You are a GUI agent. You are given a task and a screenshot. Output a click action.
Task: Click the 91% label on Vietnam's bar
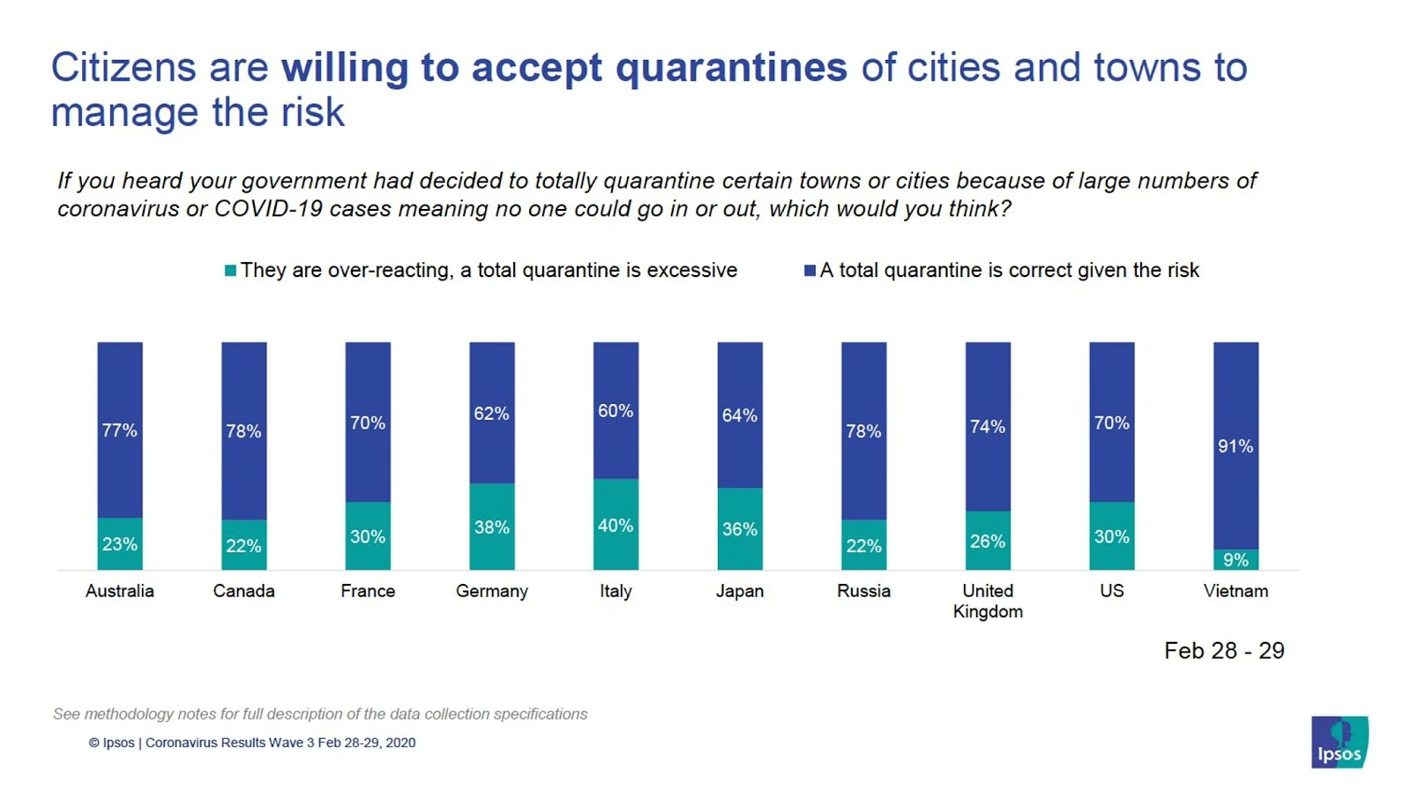point(1235,446)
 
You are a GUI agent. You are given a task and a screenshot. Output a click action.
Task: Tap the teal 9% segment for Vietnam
point(1236,559)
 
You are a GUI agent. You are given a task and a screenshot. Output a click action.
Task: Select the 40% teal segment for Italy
point(616,525)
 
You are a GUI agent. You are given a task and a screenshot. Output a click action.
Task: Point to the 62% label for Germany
point(491,414)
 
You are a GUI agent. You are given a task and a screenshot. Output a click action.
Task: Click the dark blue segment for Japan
point(739,415)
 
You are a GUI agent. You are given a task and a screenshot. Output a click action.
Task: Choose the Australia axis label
point(119,591)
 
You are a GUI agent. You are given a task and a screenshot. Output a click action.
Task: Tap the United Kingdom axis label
point(988,601)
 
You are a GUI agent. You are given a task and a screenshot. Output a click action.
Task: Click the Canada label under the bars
point(243,591)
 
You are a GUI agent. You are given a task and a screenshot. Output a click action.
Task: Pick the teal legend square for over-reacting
point(230,271)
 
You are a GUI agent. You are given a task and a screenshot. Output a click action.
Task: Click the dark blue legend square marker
point(810,271)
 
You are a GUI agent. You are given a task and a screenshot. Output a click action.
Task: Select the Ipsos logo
point(1339,742)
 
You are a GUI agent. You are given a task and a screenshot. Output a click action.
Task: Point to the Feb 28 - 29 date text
point(1223,651)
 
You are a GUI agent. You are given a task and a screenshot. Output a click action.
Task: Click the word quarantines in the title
point(731,68)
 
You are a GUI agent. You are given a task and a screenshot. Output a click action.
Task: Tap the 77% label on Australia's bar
point(119,430)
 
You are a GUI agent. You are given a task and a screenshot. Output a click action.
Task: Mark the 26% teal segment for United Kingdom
point(988,541)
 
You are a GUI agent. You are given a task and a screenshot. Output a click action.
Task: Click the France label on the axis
point(368,591)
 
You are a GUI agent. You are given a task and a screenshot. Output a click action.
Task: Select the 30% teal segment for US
point(1111,536)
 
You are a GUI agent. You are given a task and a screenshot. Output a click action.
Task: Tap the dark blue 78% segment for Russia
point(863,430)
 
